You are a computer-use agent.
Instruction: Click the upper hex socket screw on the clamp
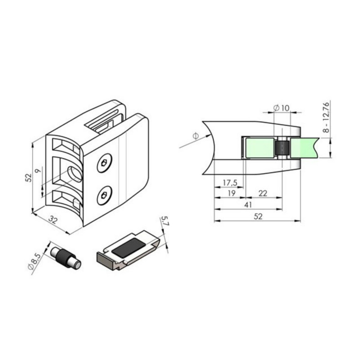tap(104, 163)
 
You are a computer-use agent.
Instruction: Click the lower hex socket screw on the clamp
tap(104, 195)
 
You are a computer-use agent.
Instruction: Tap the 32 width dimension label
tap(53, 220)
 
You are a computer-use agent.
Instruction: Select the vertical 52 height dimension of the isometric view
tap(29, 177)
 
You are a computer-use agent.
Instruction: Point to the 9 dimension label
tap(38, 171)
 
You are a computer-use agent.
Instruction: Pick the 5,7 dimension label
tap(165, 221)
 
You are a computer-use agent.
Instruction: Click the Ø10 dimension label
tap(282, 108)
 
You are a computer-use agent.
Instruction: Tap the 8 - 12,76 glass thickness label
tap(326, 117)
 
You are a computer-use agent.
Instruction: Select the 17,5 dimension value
tap(230, 183)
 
